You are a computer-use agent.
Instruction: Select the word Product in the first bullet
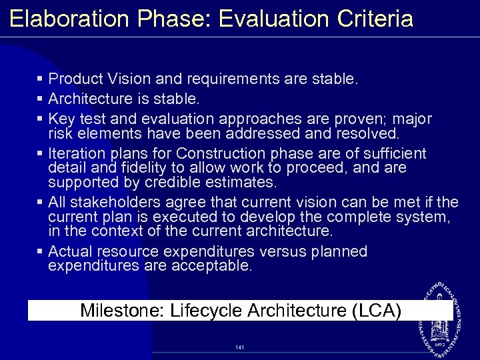75,79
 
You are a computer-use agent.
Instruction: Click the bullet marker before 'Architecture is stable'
41,99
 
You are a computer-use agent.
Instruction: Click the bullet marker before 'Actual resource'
41,251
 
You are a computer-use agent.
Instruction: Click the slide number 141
240,347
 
